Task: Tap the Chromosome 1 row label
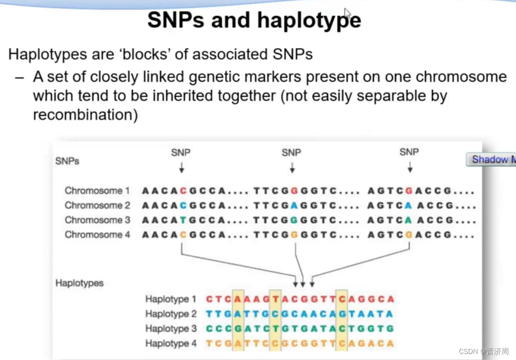(x=97, y=190)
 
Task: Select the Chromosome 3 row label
(x=97, y=220)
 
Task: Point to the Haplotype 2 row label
(x=170, y=314)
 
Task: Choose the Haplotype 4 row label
(x=170, y=343)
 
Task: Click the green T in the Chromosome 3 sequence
(x=183, y=220)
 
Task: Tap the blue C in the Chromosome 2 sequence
(x=183, y=205)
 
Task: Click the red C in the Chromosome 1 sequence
(x=183, y=190)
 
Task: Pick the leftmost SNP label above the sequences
(x=181, y=152)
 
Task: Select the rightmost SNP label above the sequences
(x=409, y=152)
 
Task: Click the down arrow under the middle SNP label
(x=292, y=167)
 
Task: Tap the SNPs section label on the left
(x=67, y=161)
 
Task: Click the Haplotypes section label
(x=79, y=283)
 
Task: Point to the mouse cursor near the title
(x=347, y=12)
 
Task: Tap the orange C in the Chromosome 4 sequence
(x=183, y=234)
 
